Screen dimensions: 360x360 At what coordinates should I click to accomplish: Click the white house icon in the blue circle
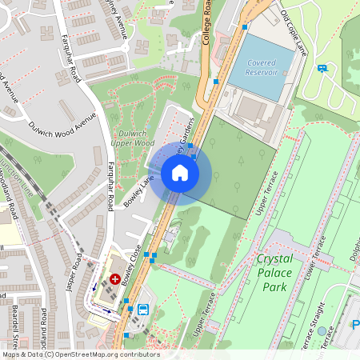coord(180,173)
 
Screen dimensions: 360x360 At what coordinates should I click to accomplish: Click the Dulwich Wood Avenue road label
coord(62,121)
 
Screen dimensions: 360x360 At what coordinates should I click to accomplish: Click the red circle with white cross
coord(115,279)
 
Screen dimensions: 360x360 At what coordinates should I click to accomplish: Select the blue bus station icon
coord(144,309)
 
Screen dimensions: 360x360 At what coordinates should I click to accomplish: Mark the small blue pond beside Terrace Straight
coord(322,330)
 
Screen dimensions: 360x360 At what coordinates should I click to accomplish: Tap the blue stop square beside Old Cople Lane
coord(245,27)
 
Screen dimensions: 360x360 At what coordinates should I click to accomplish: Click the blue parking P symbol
coord(354,324)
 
